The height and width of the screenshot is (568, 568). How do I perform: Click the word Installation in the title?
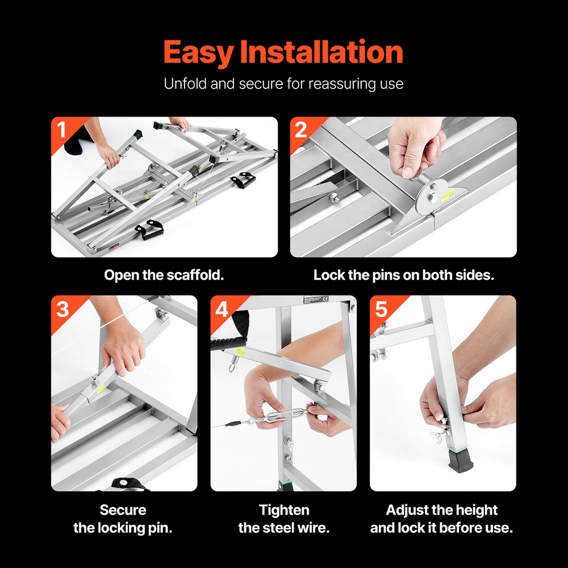[321, 53]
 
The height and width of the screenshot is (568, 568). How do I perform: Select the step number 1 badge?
[61, 130]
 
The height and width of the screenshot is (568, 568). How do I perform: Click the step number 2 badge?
[300, 130]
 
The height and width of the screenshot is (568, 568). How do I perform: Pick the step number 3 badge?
[62, 309]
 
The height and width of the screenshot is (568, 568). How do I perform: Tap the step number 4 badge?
[221, 309]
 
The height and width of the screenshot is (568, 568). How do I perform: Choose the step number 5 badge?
[381, 309]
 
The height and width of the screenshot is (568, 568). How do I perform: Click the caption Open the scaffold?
[164, 275]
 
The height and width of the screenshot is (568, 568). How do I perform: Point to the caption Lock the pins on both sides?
[403, 275]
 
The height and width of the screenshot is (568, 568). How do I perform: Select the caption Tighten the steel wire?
[283, 519]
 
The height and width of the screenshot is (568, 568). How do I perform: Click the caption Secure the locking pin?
[123, 519]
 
